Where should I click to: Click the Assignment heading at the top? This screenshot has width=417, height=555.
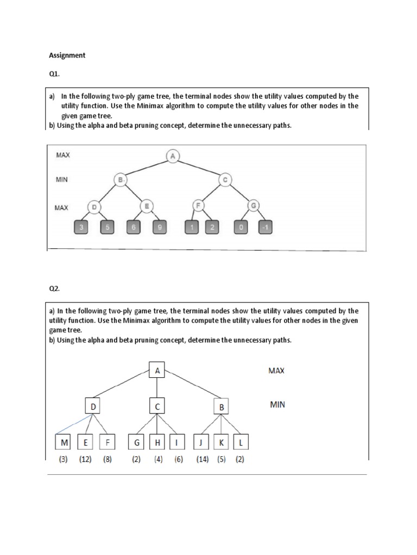pyautogui.click(x=67, y=55)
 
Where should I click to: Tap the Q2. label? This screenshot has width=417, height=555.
pyautogui.click(x=54, y=289)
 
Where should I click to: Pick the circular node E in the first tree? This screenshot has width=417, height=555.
pyautogui.click(x=147, y=206)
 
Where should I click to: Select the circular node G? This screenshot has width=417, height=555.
pyautogui.click(x=253, y=206)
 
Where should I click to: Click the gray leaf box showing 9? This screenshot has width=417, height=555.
pyautogui.click(x=159, y=228)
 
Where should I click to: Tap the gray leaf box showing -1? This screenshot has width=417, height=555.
pyautogui.click(x=265, y=228)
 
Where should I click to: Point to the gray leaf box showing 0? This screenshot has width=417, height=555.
pyautogui.click(x=241, y=228)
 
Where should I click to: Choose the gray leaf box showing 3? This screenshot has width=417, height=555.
pyautogui.click(x=81, y=228)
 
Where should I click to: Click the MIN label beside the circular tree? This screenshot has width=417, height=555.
pyautogui.click(x=62, y=179)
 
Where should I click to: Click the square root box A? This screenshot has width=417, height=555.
pyautogui.click(x=157, y=371)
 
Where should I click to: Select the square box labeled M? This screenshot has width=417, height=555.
pyautogui.click(x=65, y=443)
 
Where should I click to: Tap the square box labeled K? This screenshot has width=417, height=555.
pyautogui.click(x=222, y=443)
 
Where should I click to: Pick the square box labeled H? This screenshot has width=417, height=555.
pyautogui.click(x=157, y=443)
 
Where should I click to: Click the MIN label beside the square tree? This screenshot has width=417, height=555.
pyautogui.click(x=277, y=404)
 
